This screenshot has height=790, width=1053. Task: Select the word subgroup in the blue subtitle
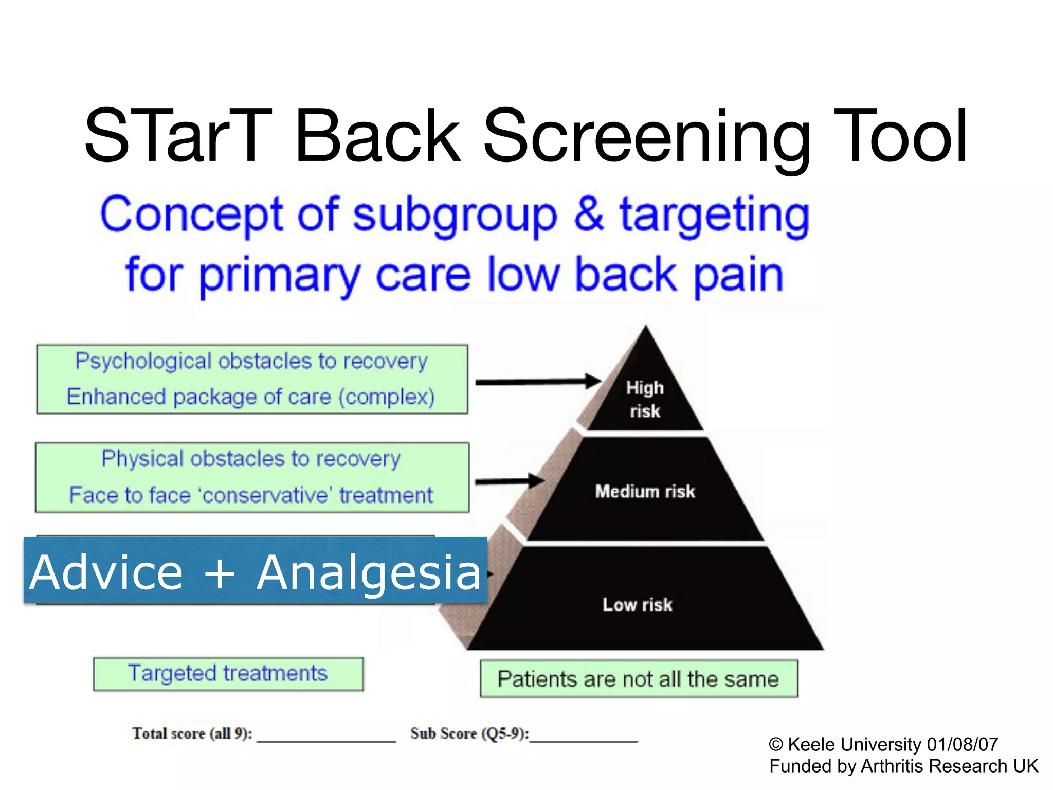(455, 216)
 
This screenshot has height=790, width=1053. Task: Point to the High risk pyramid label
(645, 399)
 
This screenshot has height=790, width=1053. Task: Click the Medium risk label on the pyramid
(645, 491)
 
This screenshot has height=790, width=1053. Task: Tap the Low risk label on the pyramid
(637, 604)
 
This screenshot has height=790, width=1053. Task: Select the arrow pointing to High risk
(537, 382)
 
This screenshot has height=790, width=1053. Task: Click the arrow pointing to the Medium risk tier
(509, 481)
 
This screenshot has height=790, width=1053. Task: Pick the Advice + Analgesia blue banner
(255, 570)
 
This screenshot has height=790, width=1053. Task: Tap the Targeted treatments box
(228, 674)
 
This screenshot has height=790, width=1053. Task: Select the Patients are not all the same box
(639, 679)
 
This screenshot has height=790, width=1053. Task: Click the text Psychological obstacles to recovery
(251, 361)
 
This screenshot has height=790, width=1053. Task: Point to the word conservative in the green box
(265, 495)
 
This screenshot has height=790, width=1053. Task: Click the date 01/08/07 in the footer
(962, 744)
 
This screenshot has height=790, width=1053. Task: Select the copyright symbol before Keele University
(776, 745)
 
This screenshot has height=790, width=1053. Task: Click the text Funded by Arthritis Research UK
(903, 766)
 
